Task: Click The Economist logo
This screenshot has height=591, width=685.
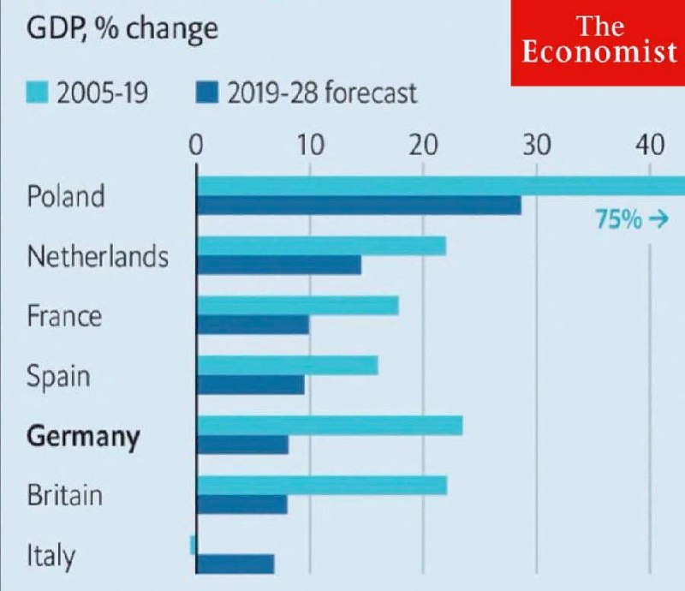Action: pos(598,43)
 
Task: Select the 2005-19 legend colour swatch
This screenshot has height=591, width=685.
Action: pos(39,91)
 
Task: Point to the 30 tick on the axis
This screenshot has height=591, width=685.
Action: pos(536,144)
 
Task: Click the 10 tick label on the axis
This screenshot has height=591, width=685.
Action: pos(309,144)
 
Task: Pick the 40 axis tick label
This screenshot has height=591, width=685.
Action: pos(650,144)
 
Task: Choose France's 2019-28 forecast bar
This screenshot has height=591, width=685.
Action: pos(253,325)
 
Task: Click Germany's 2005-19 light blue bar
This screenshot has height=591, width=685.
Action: pos(330,426)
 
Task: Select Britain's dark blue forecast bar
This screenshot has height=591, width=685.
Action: pos(242,504)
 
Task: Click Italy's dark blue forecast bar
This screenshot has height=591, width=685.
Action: pos(235,564)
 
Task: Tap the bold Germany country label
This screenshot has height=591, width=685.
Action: pos(83,436)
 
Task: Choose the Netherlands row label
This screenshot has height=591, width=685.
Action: pos(98,256)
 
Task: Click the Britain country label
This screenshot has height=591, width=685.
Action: pos(64,495)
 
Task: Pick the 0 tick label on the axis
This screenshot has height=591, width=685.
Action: pos(196,144)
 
